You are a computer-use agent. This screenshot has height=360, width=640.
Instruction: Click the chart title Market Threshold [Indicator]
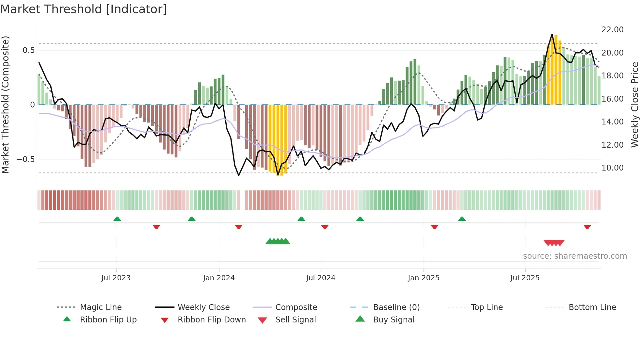(x=84, y=9)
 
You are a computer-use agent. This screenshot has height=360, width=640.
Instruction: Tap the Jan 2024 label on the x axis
(x=219, y=278)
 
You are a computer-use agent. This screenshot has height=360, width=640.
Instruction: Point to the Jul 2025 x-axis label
(x=525, y=278)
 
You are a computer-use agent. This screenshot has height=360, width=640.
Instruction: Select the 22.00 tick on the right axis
(x=612, y=30)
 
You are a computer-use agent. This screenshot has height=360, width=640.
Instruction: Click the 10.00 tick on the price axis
(x=612, y=168)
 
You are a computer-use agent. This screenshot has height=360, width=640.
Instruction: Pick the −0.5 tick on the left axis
(x=25, y=159)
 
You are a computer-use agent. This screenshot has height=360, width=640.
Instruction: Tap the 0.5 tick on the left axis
(x=28, y=50)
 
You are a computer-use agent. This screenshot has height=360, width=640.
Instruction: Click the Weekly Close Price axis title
(x=634, y=105)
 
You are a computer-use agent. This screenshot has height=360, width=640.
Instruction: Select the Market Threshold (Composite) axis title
(x=5, y=105)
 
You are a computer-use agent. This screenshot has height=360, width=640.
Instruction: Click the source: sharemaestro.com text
(x=575, y=256)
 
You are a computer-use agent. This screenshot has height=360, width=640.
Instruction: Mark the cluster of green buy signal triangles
(x=278, y=241)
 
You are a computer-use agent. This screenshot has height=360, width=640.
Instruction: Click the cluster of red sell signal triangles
(x=554, y=243)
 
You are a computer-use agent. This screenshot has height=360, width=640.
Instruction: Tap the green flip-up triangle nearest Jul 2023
(x=117, y=219)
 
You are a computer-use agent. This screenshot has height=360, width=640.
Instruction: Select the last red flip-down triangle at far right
(x=587, y=227)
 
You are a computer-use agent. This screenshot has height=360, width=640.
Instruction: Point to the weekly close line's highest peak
(x=552, y=35)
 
